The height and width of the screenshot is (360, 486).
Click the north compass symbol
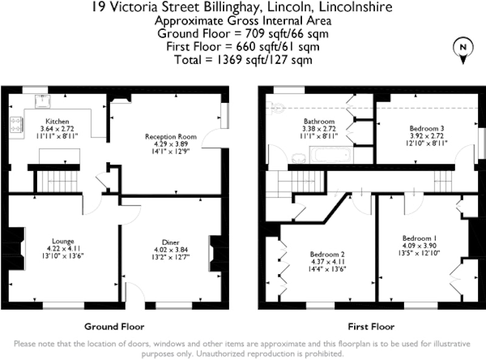(x=463, y=50)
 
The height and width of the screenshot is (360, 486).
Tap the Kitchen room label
(x=57, y=122)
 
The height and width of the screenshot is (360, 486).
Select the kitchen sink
(x=43, y=101)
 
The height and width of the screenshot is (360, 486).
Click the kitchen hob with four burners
(x=16, y=124)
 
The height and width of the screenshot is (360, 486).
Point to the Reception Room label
(x=171, y=137)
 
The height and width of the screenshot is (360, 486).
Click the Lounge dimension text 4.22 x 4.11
(x=64, y=249)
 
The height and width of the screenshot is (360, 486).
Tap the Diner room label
(x=171, y=243)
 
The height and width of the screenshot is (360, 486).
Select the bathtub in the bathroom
(x=330, y=154)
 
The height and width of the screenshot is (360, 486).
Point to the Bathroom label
(x=319, y=122)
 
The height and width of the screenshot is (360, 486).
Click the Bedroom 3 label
(x=427, y=128)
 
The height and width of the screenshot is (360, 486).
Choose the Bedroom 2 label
(x=327, y=254)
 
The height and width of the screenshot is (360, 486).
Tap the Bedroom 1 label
(x=420, y=238)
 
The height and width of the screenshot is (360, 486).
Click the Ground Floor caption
(x=114, y=327)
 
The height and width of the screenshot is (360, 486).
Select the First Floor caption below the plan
(x=371, y=327)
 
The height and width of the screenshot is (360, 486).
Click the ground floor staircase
(x=56, y=182)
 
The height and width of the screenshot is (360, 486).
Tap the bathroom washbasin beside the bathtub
(x=299, y=158)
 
